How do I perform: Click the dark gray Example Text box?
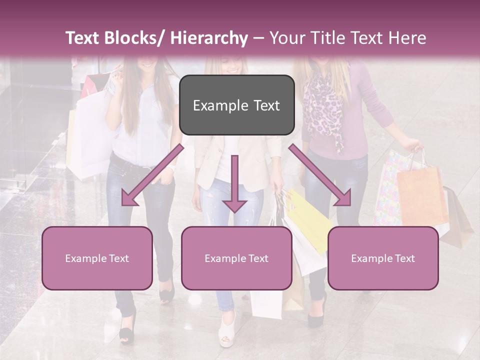coord(236,105)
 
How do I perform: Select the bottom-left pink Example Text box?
coord(97,258)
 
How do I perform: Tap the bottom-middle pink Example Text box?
coord(236,258)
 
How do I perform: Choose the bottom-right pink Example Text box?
coord(383,258)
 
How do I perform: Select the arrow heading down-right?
coord(320,175)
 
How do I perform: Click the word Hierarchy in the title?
coord(209,38)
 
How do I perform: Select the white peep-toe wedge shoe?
coord(227,332)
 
